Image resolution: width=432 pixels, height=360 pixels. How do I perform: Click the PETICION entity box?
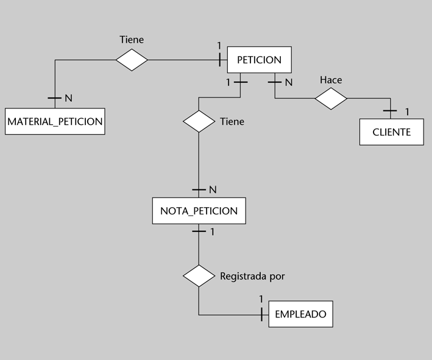click(259, 60)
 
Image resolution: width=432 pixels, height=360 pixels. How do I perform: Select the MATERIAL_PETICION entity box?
click(55, 121)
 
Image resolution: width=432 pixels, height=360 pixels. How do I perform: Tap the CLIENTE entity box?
click(391, 132)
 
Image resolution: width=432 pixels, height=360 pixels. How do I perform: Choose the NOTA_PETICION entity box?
click(199, 211)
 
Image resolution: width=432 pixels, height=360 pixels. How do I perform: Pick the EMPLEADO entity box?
click(300, 314)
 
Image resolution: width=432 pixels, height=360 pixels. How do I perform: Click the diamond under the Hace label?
click(331, 98)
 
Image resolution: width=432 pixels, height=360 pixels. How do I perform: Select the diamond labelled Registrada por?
click(199, 276)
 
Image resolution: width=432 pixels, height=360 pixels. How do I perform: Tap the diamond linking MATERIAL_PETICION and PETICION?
click(132, 60)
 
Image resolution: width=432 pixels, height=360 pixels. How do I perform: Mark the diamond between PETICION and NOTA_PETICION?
click(199, 121)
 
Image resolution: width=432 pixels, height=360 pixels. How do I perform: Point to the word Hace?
click(331, 80)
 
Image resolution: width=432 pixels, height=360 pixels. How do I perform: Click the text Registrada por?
click(252, 276)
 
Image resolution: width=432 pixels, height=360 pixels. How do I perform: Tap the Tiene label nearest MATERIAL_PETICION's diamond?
click(132, 40)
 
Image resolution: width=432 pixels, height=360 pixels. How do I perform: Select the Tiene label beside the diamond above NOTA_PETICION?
click(232, 121)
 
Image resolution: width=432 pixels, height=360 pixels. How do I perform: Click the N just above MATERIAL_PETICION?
click(68, 98)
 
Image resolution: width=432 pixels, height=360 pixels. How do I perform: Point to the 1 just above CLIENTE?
click(407, 111)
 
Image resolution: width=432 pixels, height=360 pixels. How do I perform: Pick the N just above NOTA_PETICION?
click(213, 189)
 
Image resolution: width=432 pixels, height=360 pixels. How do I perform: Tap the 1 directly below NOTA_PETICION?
click(212, 231)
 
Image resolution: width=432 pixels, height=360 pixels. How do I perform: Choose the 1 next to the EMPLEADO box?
click(260, 298)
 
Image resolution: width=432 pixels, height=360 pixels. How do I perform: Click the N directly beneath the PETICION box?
click(288, 82)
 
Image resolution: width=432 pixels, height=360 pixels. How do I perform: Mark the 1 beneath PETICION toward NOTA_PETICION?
click(228, 82)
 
